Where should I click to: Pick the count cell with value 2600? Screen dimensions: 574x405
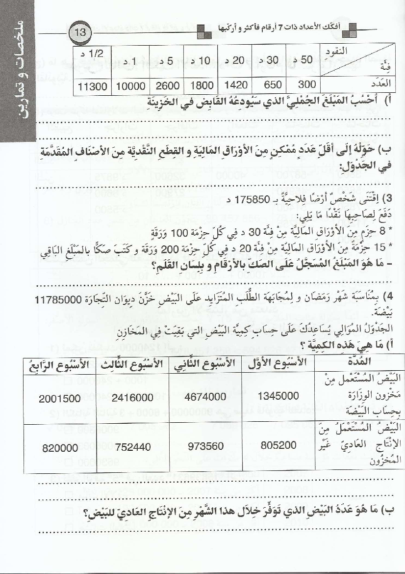[168, 85]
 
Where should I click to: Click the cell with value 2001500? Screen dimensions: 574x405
[62, 397]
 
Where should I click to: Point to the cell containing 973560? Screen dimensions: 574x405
[205, 446]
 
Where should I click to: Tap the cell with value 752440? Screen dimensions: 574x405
[133, 446]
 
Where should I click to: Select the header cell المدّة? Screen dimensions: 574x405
[361, 362]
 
